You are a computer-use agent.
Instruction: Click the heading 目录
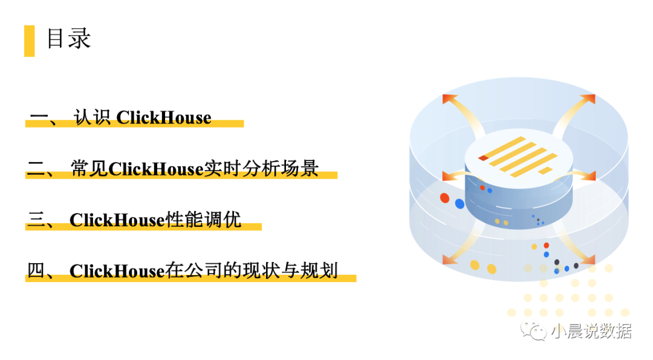click(x=68, y=39)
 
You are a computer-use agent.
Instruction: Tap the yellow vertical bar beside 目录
click(x=29, y=41)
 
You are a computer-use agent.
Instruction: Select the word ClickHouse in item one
click(x=164, y=117)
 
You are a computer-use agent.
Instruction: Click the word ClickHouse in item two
click(x=155, y=169)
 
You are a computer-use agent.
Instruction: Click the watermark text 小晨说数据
click(x=591, y=331)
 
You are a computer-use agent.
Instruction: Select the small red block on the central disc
click(x=483, y=159)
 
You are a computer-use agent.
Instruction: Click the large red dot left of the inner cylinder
click(x=445, y=198)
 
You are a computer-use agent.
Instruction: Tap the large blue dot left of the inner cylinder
click(x=460, y=204)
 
